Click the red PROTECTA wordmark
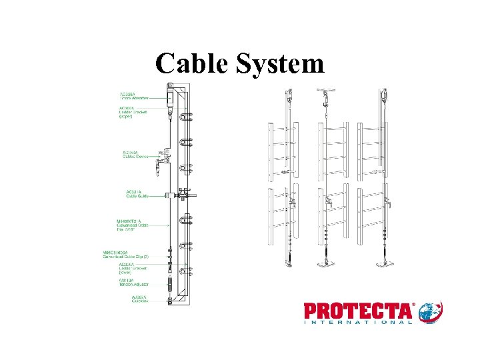tap(358, 311)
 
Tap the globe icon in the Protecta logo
tap(431, 312)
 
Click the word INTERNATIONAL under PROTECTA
tap(358, 323)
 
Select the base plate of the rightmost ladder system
tap(385, 264)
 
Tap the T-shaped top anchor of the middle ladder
tap(326, 89)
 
